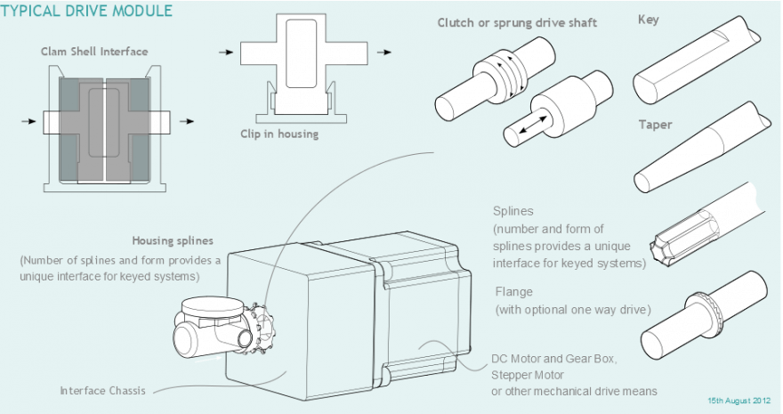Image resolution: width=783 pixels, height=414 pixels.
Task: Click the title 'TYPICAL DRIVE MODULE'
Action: pyautogui.click(x=86, y=11)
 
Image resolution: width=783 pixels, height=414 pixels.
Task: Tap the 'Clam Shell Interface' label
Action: pyautogui.click(x=94, y=52)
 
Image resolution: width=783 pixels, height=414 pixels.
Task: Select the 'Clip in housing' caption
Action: pyautogui.click(x=279, y=134)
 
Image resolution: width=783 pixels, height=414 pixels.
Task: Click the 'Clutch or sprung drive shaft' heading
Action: pyautogui.click(x=517, y=23)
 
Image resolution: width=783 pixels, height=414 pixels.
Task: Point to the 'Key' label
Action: pyautogui.click(x=648, y=20)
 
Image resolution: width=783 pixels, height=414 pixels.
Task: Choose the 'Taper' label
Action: pyautogui.click(x=655, y=125)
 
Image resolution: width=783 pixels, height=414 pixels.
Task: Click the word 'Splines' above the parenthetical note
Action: pyautogui.click(x=513, y=211)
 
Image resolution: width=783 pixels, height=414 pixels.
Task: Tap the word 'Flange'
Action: pyautogui.click(x=514, y=292)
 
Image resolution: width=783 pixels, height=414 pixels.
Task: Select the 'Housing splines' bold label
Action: pyautogui.click(x=173, y=240)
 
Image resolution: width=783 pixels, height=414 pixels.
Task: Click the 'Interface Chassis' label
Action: pyautogui.click(x=103, y=391)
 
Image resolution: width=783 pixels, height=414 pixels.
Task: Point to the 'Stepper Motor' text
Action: pyautogui.click(x=528, y=375)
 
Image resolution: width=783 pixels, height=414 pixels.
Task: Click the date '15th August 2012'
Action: pyautogui.click(x=739, y=401)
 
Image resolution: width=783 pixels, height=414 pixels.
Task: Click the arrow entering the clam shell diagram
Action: pyautogui.click(x=29, y=121)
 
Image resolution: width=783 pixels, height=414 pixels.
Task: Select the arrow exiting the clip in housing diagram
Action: pyautogui.click(x=384, y=52)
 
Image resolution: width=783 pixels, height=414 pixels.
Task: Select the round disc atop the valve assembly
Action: pyautogui.click(x=213, y=305)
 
